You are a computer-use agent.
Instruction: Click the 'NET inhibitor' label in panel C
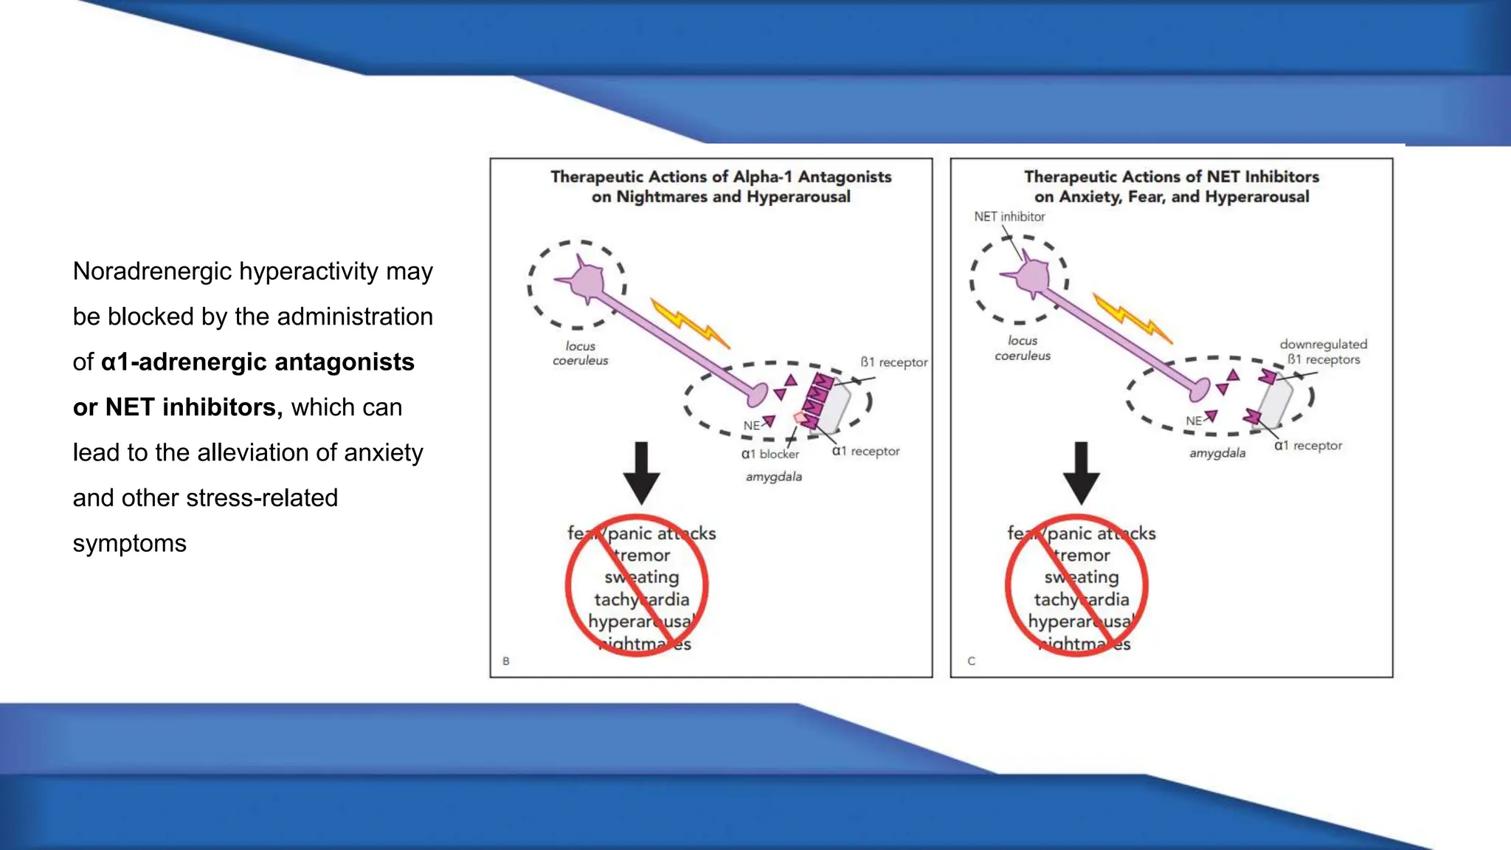click(x=1009, y=216)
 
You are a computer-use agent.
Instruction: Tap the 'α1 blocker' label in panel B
click(x=770, y=454)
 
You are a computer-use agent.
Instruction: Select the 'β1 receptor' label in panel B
click(x=893, y=362)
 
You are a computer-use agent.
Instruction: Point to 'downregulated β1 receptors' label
click(x=1323, y=352)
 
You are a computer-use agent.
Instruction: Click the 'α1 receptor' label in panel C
click(x=1307, y=446)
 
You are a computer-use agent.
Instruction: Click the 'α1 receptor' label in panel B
click(x=865, y=451)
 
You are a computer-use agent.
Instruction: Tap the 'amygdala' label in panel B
click(x=773, y=477)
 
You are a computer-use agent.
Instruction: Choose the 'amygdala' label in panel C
click(x=1217, y=453)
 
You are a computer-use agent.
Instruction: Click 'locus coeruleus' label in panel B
click(x=580, y=353)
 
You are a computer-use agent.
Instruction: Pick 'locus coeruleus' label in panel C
click(x=1022, y=348)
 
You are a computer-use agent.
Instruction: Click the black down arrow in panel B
click(x=641, y=472)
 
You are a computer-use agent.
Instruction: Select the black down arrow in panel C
click(x=1081, y=472)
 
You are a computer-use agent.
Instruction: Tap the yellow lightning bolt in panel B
click(x=690, y=323)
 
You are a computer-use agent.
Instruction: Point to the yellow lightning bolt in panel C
click(x=1132, y=318)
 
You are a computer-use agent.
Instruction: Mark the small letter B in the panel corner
click(x=506, y=661)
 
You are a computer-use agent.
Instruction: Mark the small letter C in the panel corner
click(x=971, y=661)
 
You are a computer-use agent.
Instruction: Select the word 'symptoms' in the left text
click(x=130, y=544)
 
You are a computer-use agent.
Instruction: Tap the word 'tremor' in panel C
click(x=1082, y=556)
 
